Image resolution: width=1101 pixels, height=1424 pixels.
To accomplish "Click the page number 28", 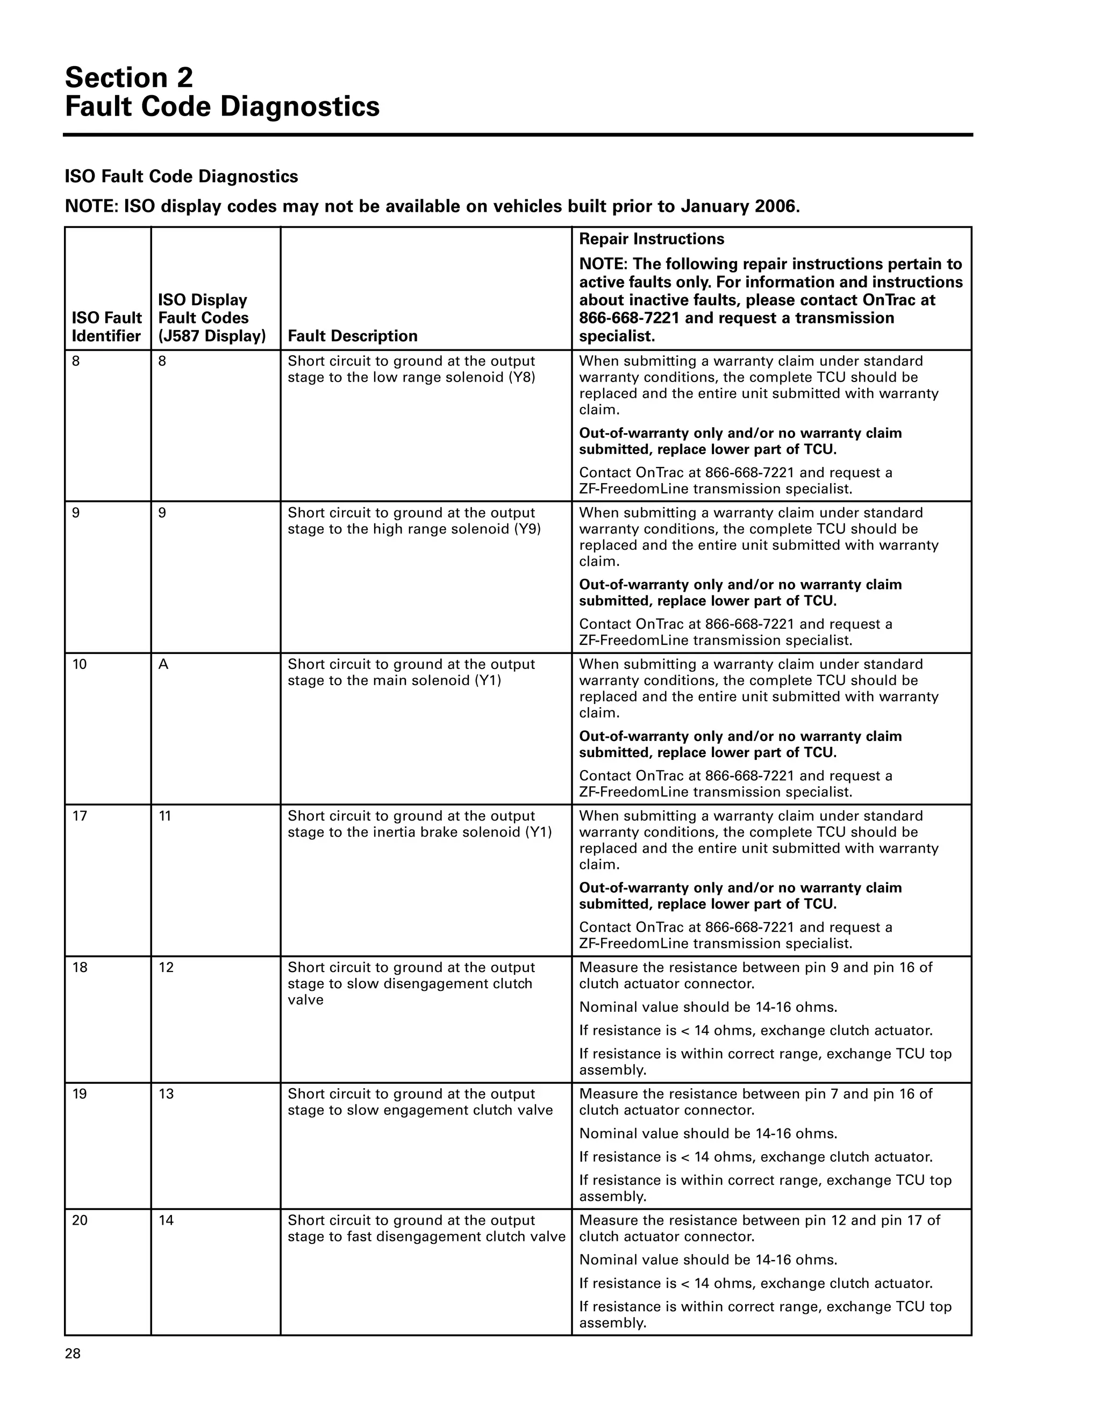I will (x=73, y=1354).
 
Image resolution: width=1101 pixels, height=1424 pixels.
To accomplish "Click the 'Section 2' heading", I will (x=129, y=77).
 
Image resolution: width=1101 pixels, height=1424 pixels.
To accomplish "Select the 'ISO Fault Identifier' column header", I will (x=106, y=327).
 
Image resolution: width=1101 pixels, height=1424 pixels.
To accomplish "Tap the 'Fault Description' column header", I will (x=352, y=336).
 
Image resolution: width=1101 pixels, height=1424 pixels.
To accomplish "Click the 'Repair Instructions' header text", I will (x=651, y=239).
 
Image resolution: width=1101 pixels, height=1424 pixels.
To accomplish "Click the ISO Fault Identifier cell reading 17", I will (x=80, y=816).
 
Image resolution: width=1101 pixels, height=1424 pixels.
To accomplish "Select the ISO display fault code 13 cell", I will (x=166, y=1094).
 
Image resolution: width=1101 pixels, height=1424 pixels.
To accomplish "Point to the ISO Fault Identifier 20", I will (x=80, y=1220).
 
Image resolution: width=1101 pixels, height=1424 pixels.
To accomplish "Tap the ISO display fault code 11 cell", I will (x=165, y=816).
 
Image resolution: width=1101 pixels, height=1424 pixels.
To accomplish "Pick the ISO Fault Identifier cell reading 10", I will (x=80, y=664).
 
